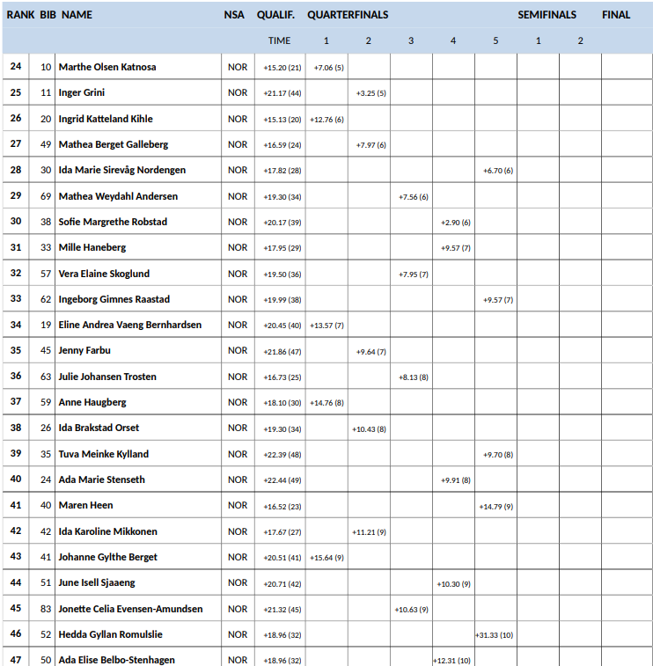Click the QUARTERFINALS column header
[348, 15]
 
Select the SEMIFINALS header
[547, 15]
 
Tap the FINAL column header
[616, 15]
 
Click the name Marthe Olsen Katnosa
[107, 67]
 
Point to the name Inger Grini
[82, 92]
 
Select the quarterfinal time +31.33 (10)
[495, 634]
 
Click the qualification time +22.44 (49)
[282, 479]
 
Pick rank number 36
[16, 377]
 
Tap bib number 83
[46, 609]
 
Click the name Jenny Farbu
[84, 351]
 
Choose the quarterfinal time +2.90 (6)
[455, 222]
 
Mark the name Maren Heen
[85, 505]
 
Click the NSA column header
[234, 15]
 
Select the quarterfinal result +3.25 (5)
[371, 92]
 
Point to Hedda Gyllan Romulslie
[110, 634]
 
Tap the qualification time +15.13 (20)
[282, 119]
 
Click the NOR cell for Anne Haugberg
[238, 402]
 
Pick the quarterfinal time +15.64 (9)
[326, 557]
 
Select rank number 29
[16, 196]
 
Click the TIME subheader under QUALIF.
[279, 40]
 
